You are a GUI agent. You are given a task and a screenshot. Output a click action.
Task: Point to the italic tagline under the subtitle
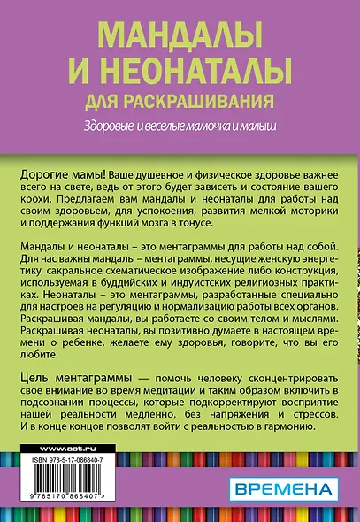point(180,124)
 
